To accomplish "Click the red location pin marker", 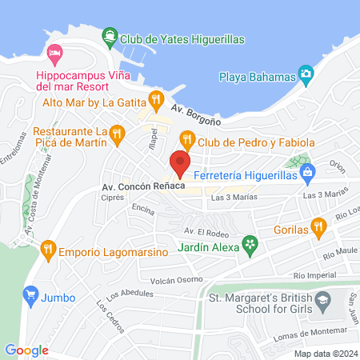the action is pos(179,164).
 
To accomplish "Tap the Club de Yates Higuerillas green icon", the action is pos(108,36).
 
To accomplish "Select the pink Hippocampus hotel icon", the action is pos(54,55).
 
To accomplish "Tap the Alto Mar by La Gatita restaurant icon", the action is pos(155,102).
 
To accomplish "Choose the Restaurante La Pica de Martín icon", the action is pos(118,133).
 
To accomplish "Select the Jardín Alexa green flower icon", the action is pos(250,242).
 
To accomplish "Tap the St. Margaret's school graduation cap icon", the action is pos(322,303).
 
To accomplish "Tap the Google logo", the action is pos(26,350).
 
